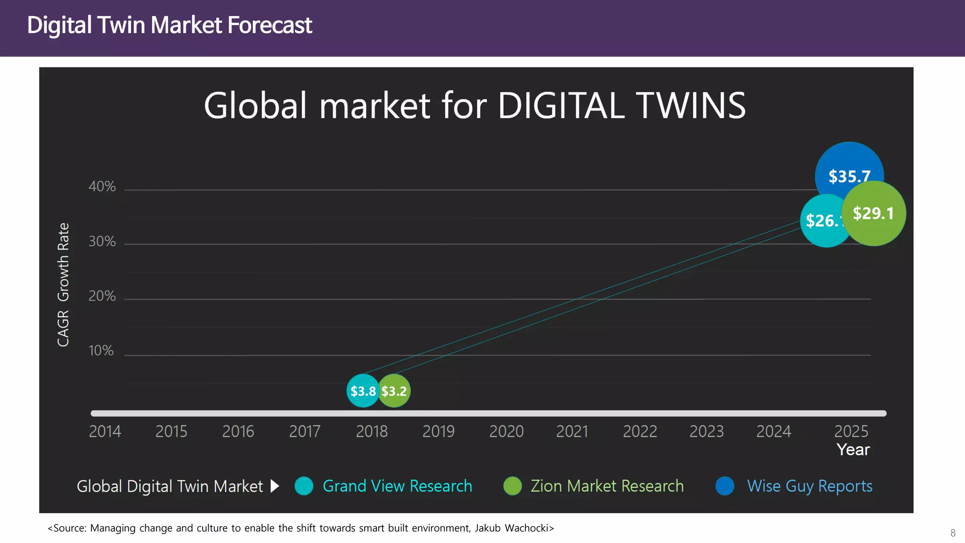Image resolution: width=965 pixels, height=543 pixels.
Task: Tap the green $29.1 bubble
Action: point(874,214)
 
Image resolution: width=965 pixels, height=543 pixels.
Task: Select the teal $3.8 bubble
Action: point(362,391)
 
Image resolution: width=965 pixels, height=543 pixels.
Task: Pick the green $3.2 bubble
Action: point(394,391)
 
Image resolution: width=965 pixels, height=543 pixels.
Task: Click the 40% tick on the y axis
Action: point(102,187)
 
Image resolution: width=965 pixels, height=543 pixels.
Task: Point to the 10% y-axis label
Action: point(101,351)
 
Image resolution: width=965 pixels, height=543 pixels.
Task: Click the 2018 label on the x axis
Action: point(371,431)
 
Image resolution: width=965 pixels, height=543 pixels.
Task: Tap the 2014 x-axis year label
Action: point(105,431)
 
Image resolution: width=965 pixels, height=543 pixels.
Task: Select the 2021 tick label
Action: point(572,431)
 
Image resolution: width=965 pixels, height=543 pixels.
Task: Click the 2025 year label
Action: point(851,431)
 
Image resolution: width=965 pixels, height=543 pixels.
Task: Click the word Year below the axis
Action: point(853,450)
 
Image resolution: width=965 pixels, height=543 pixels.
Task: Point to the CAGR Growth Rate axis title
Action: point(63,285)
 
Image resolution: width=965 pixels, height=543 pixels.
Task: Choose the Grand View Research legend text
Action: point(397,486)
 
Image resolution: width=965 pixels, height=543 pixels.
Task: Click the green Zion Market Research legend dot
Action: point(513,486)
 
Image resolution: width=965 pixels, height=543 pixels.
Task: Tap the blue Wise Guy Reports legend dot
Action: point(725,486)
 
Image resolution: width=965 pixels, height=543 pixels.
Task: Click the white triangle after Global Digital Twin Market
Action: point(275,486)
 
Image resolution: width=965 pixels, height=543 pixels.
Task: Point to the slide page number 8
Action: point(953,533)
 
